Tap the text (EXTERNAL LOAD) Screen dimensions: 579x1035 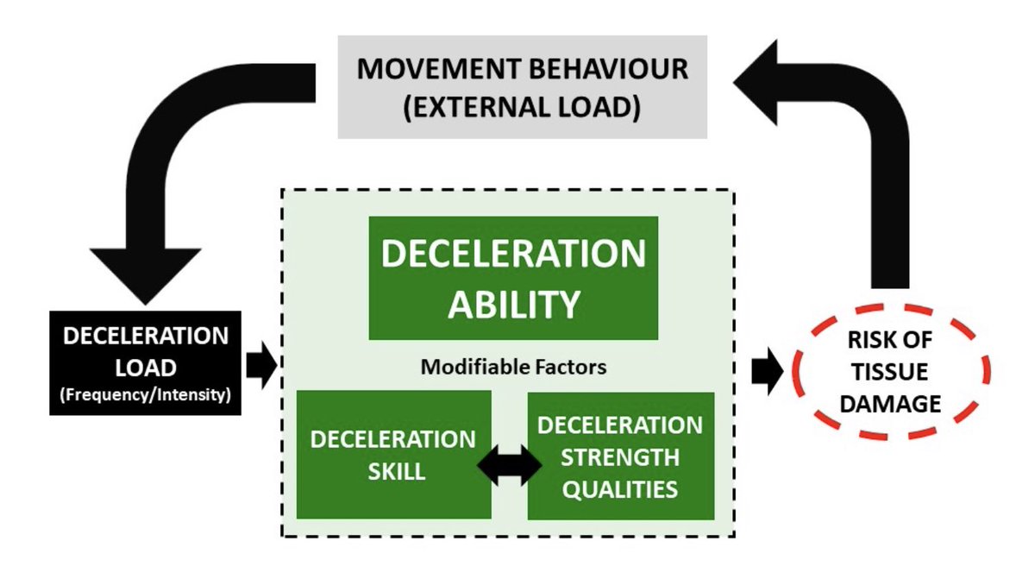point(522,110)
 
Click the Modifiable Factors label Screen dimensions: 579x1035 point(513,367)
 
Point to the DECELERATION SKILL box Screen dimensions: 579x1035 point(393,454)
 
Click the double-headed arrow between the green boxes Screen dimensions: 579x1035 point(509,466)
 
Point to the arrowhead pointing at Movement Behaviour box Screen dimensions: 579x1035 point(759,79)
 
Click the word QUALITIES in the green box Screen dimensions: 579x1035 point(620,488)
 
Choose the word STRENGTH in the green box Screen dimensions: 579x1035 point(620,457)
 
